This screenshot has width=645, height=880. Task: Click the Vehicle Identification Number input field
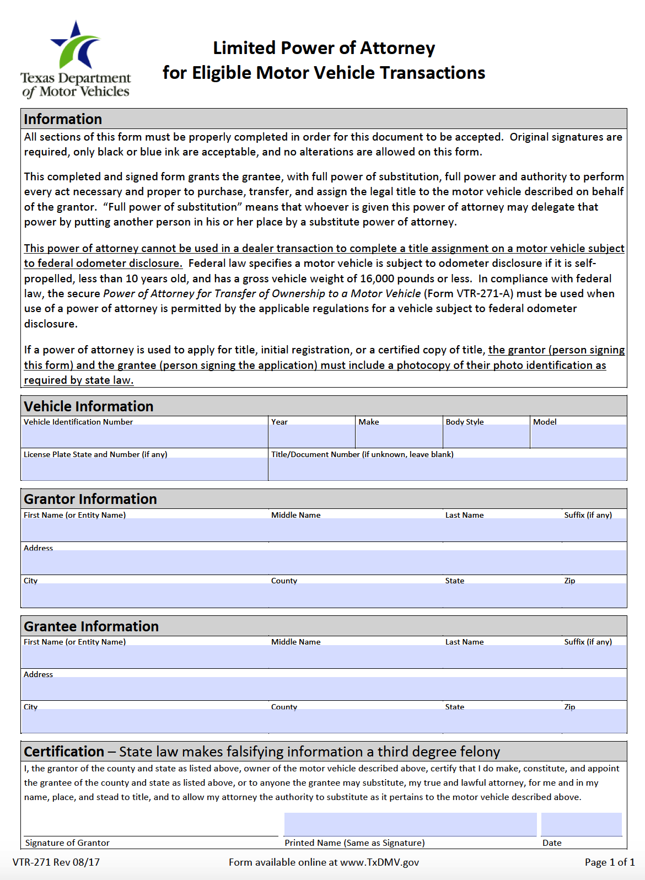click(x=144, y=436)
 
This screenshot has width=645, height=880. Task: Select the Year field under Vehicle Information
click(x=311, y=436)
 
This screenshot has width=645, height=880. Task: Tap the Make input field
click(x=399, y=436)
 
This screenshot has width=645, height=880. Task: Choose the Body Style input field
click(x=486, y=436)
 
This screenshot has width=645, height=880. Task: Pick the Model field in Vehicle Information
click(x=578, y=436)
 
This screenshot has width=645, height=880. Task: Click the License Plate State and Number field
click(x=144, y=468)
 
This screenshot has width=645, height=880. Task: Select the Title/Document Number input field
click(x=447, y=468)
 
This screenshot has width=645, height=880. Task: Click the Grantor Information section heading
click(x=90, y=499)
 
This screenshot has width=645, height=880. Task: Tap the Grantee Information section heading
click(x=91, y=626)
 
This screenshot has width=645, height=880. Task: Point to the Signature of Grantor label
click(x=67, y=843)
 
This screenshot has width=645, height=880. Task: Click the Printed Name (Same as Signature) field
click(x=410, y=824)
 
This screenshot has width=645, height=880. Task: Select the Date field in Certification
click(x=581, y=824)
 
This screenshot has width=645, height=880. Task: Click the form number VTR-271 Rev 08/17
click(x=56, y=862)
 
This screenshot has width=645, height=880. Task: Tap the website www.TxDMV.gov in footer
click(x=379, y=862)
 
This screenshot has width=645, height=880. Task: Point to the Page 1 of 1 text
click(x=609, y=862)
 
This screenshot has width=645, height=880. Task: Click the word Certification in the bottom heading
click(x=64, y=752)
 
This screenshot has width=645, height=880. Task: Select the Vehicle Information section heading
click(x=88, y=406)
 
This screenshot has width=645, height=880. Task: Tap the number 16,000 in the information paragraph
click(x=378, y=278)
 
